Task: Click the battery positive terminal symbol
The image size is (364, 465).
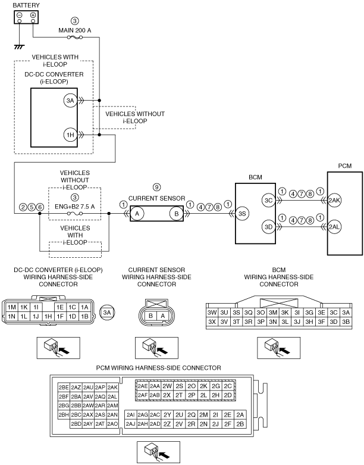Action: point(33,15)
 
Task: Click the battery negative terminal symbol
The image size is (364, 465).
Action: point(19,15)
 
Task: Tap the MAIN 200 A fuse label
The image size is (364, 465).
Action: point(74,30)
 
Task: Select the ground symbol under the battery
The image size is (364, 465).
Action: point(19,46)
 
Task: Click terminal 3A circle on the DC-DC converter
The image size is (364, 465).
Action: point(70,101)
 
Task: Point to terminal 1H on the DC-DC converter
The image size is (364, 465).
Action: point(70,135)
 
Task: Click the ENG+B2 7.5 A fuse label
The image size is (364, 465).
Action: point(74,207)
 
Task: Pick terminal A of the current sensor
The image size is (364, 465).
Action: point(137,214)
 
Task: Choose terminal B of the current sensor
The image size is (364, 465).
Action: point(176,214)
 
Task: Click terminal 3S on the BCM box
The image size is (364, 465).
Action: point(242,214)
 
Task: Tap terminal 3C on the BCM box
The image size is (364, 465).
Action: point(268,201)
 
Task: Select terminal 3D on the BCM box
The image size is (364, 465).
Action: point(268,227)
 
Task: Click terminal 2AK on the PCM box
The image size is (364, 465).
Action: point(334,201)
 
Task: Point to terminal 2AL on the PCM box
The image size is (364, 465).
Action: point(334,227)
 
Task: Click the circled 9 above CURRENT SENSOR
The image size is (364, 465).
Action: point(156,188)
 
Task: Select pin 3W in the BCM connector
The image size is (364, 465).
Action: point(212,313)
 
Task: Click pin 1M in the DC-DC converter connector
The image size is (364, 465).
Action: point(11,307)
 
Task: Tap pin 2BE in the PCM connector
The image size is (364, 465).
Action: point(64,388)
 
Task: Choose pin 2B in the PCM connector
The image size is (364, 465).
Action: point(240,424)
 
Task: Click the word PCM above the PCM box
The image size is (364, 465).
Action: point(345,166)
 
